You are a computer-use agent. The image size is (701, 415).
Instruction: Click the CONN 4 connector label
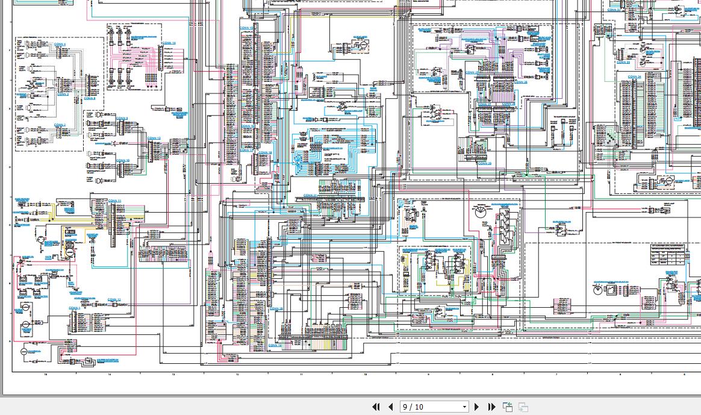point(60,45)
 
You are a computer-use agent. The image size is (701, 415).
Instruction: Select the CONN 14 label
point(169,43)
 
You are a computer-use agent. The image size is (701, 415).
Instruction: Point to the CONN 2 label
point(60,125)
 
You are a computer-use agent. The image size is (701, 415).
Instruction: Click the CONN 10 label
point(123,161)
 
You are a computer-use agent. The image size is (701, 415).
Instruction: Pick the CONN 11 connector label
point(114,200)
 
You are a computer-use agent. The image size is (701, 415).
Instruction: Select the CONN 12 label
point(114,299)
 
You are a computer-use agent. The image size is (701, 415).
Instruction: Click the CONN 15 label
point(246,28)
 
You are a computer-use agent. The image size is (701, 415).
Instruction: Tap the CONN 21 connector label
point(310,195)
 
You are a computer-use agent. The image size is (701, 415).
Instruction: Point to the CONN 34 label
point(634,77)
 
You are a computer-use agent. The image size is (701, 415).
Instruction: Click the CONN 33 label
point(623,62)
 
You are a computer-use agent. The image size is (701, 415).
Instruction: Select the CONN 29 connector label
point(484,163)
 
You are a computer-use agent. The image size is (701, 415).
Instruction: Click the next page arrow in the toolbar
point(477,407)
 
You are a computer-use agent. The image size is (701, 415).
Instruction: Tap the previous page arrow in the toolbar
point(390,407)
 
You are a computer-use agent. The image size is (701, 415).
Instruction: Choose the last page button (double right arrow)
point(491,407)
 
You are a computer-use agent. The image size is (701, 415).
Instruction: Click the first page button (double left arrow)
point(376,407)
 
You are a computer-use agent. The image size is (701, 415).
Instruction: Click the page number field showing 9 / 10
point(428,407)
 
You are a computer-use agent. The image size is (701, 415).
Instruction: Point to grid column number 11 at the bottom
point(301,375)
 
